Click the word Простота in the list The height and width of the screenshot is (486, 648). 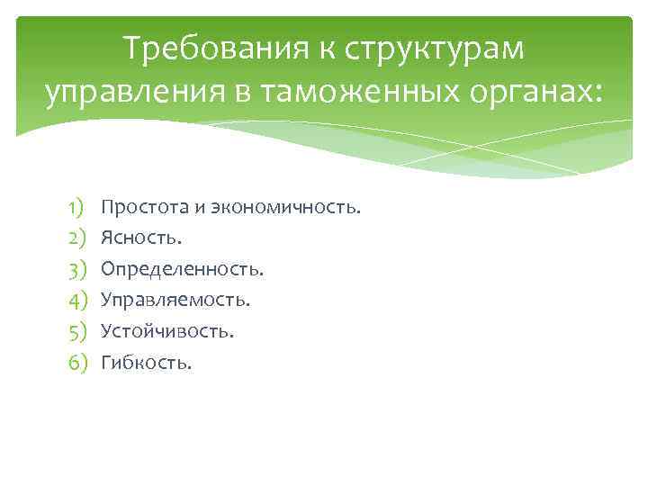pos(143,208)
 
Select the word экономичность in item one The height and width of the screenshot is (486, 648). pos(285,208)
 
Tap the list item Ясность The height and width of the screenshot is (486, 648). pos(141,238)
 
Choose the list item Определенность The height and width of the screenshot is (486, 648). pos(183,269)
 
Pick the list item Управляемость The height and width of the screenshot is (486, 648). pos(175,300)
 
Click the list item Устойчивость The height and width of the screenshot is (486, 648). pos(167,331)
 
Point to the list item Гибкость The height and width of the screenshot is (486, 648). pos(147,362)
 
